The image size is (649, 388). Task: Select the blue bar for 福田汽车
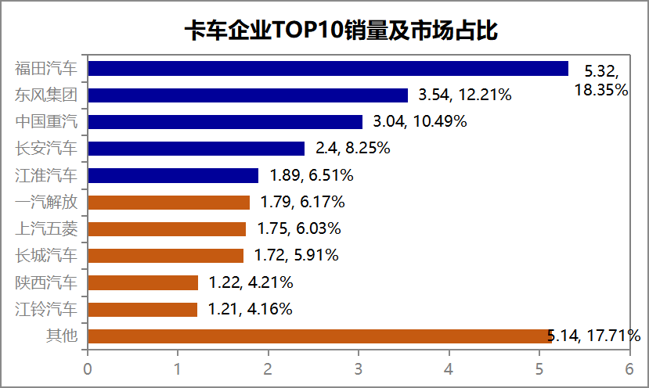click(327, 69)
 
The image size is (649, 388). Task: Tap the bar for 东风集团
click(247, 95)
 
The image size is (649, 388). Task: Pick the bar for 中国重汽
click(225, 122)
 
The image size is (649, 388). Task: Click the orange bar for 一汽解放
click(168, 203)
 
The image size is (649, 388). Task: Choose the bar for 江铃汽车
click(142, 309)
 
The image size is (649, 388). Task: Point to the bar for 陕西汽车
click(142, 282)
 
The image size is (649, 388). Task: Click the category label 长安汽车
click(46, 149)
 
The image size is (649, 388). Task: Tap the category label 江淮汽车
click(46, 175)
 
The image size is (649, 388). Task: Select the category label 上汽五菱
click(46, 229)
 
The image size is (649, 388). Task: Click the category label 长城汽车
click(46, 256)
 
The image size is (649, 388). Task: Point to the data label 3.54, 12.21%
click(465, 95)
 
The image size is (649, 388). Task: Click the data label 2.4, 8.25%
click(352, 149)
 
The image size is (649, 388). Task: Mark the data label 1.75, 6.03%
click(299, 229)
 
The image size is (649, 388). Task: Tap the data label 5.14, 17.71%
click(594, 336)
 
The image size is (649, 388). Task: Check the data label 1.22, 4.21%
click(251, 282)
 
